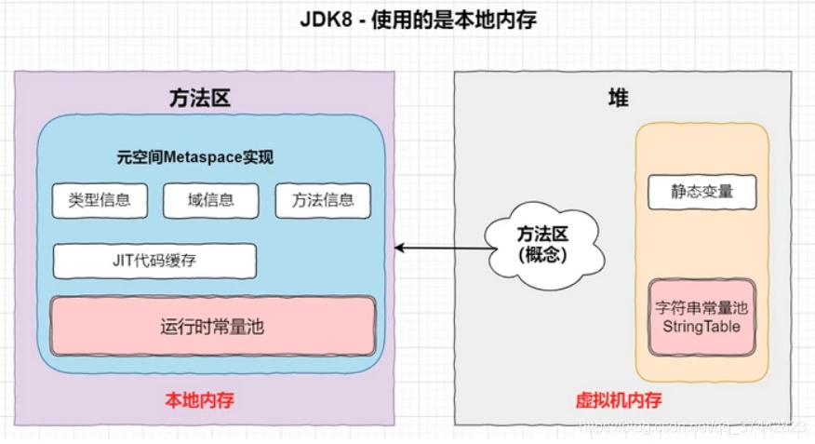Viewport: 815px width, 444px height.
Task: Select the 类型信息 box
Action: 100,200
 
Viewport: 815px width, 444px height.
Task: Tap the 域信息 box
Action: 210,200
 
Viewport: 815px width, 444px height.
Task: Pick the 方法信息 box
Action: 323,200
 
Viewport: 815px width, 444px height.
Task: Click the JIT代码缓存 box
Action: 154,262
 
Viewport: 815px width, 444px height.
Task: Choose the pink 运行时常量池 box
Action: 213,327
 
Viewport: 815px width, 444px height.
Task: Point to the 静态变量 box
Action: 702,192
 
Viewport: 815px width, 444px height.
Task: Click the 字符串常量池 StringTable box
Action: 702,316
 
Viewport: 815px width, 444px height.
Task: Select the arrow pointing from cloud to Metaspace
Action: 442,248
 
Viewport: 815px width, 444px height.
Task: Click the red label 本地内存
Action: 199,400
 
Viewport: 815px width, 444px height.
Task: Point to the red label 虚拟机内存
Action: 619,401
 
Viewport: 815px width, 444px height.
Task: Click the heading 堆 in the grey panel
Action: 618,99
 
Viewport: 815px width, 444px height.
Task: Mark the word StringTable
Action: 702,327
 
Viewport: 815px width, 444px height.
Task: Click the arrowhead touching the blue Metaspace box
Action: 400,248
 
